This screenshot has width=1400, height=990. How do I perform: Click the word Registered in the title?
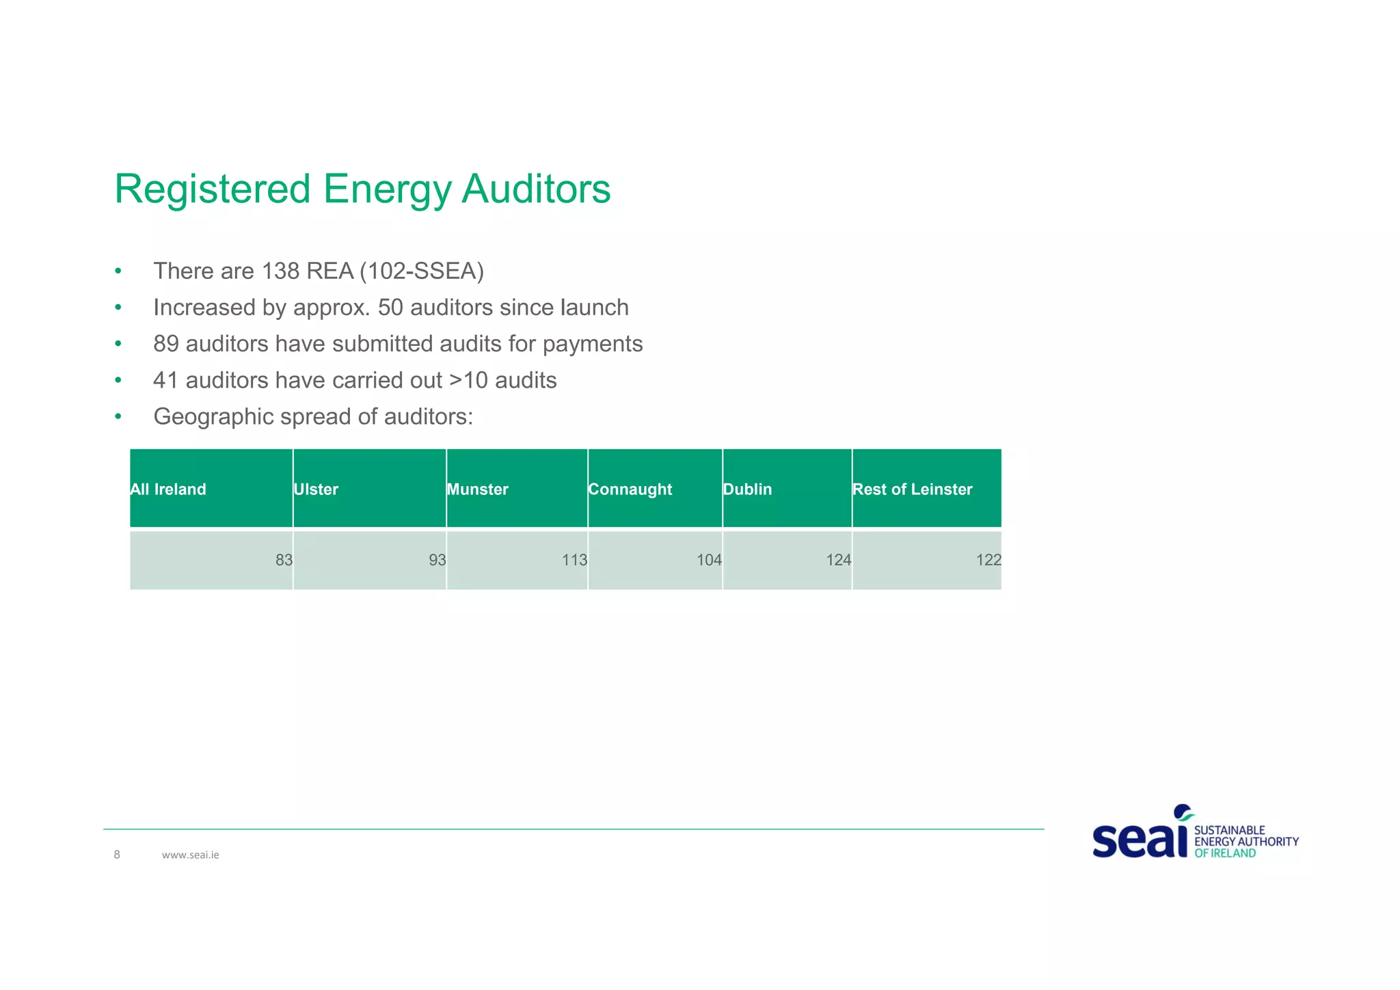coord(212,189)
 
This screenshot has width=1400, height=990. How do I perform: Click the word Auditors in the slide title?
coord(536,189)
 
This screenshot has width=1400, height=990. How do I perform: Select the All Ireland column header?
coord(168,490)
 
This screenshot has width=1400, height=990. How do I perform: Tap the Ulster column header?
coord(316,490)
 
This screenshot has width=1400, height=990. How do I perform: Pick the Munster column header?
coord(477,490)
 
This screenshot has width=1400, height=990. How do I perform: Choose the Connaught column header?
coord(630,490)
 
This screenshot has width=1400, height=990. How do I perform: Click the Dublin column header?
coord(747,490)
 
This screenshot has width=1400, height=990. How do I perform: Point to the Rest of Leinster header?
coord(912,490)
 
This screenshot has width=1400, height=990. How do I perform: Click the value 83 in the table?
coord(284,561)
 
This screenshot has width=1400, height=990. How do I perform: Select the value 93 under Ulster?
coord(437,561)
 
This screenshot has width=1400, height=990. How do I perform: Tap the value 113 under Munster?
coord(574,561)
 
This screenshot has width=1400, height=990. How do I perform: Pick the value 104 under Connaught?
coord(709,561)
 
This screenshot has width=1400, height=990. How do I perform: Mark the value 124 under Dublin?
coord(838,561)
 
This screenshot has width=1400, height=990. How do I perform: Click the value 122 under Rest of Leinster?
coord(988,561)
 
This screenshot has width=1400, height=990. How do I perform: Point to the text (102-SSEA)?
coord(422,271)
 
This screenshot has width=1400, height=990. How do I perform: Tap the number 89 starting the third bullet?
coord(166,344)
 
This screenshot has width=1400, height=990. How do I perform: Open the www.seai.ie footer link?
coord(190,855)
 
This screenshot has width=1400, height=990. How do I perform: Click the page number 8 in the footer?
coord(117,855)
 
